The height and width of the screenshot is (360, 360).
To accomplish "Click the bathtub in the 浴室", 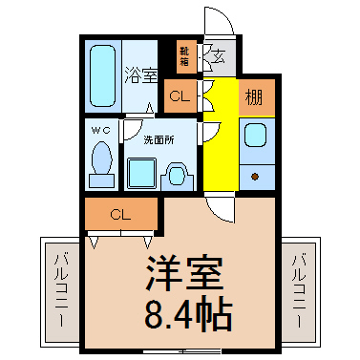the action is point(102,76).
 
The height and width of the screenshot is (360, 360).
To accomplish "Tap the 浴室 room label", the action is point(140,75).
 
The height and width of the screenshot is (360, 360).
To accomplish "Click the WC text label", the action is point(101,130).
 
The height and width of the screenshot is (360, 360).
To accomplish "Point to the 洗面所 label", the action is point(159,140).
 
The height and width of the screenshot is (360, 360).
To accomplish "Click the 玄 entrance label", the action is point(220,57).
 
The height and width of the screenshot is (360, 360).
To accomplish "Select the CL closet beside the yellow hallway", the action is point(180,96).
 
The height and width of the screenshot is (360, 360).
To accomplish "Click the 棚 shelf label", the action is point(254,96).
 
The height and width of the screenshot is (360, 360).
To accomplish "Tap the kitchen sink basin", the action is point(255,136).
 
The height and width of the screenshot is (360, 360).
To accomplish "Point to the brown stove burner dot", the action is point(255,177).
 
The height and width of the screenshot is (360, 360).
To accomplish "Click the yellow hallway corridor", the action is point(221,134).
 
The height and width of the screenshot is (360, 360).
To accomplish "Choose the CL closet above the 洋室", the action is point(121,214).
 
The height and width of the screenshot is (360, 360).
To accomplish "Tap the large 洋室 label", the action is point(185,273).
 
